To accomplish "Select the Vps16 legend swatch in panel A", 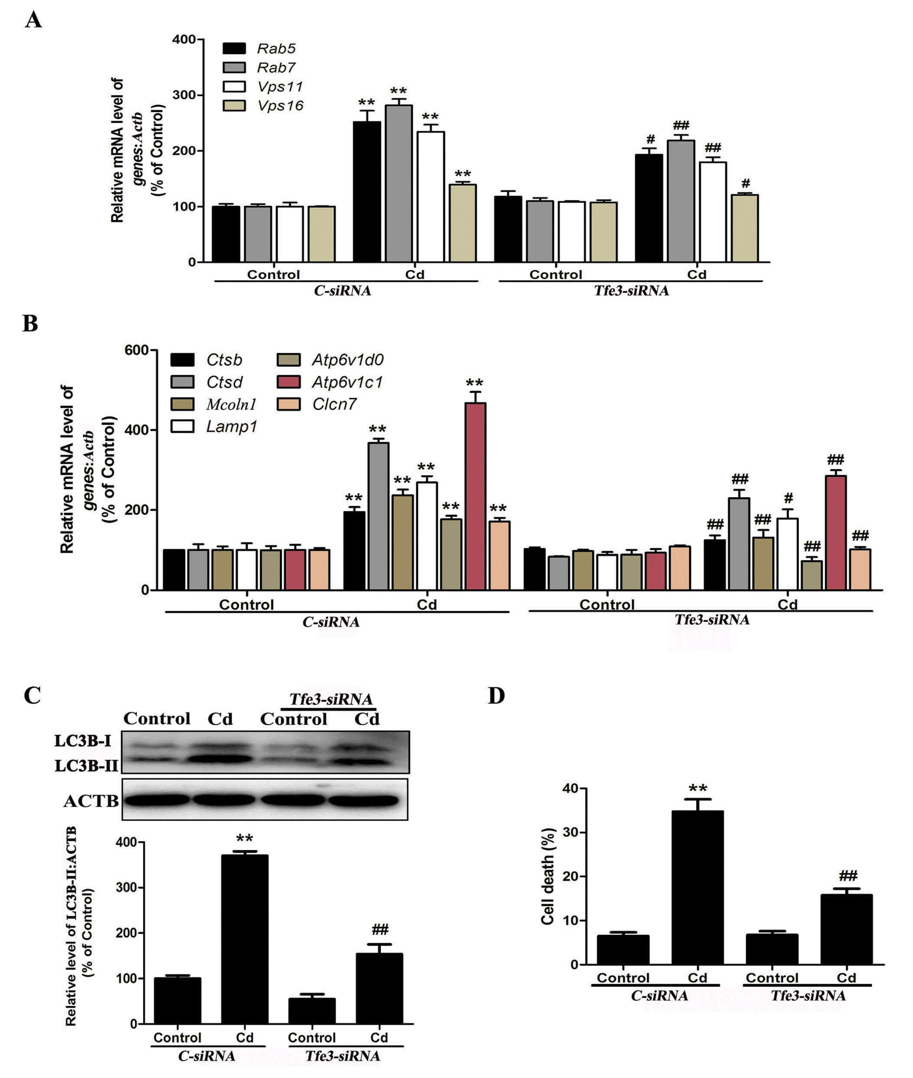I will click(x=234, y=105).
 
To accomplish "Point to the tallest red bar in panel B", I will click(x=475, y=495).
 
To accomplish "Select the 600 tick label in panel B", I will click(x=136, y=351).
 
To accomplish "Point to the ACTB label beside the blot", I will click(x=91, y=801).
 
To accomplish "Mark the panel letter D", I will click(x=496, y=696).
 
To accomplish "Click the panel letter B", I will click(x=30, y=324).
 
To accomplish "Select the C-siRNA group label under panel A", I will click(x=343, y=291).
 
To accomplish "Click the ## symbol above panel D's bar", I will click(x=848, y=876).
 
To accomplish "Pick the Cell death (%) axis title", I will click(x=547, y=876).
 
